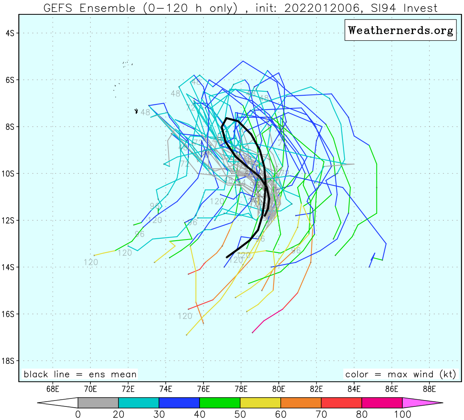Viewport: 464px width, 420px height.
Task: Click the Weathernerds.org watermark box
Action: (x=400, y=30)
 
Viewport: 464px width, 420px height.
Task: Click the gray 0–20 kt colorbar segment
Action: (x=98, y=403)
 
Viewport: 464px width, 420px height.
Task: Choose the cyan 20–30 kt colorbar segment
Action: (x=139, y=403)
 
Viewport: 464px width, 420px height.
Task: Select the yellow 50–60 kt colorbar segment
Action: (x=260, y=403)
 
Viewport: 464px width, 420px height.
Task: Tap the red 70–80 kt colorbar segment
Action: (x=341, y=403)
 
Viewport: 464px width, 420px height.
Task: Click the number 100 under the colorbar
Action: (x=402, y=414)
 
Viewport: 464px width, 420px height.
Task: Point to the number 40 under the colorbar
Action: (x=200, y=414)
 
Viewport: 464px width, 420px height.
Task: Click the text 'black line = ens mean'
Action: (x=80, y=374)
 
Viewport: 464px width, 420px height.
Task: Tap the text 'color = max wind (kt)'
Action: (x=400, y=374)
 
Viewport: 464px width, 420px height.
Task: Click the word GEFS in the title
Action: (x=62, y=8)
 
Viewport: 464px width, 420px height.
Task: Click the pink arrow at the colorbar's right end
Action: (x=422, y=403)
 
